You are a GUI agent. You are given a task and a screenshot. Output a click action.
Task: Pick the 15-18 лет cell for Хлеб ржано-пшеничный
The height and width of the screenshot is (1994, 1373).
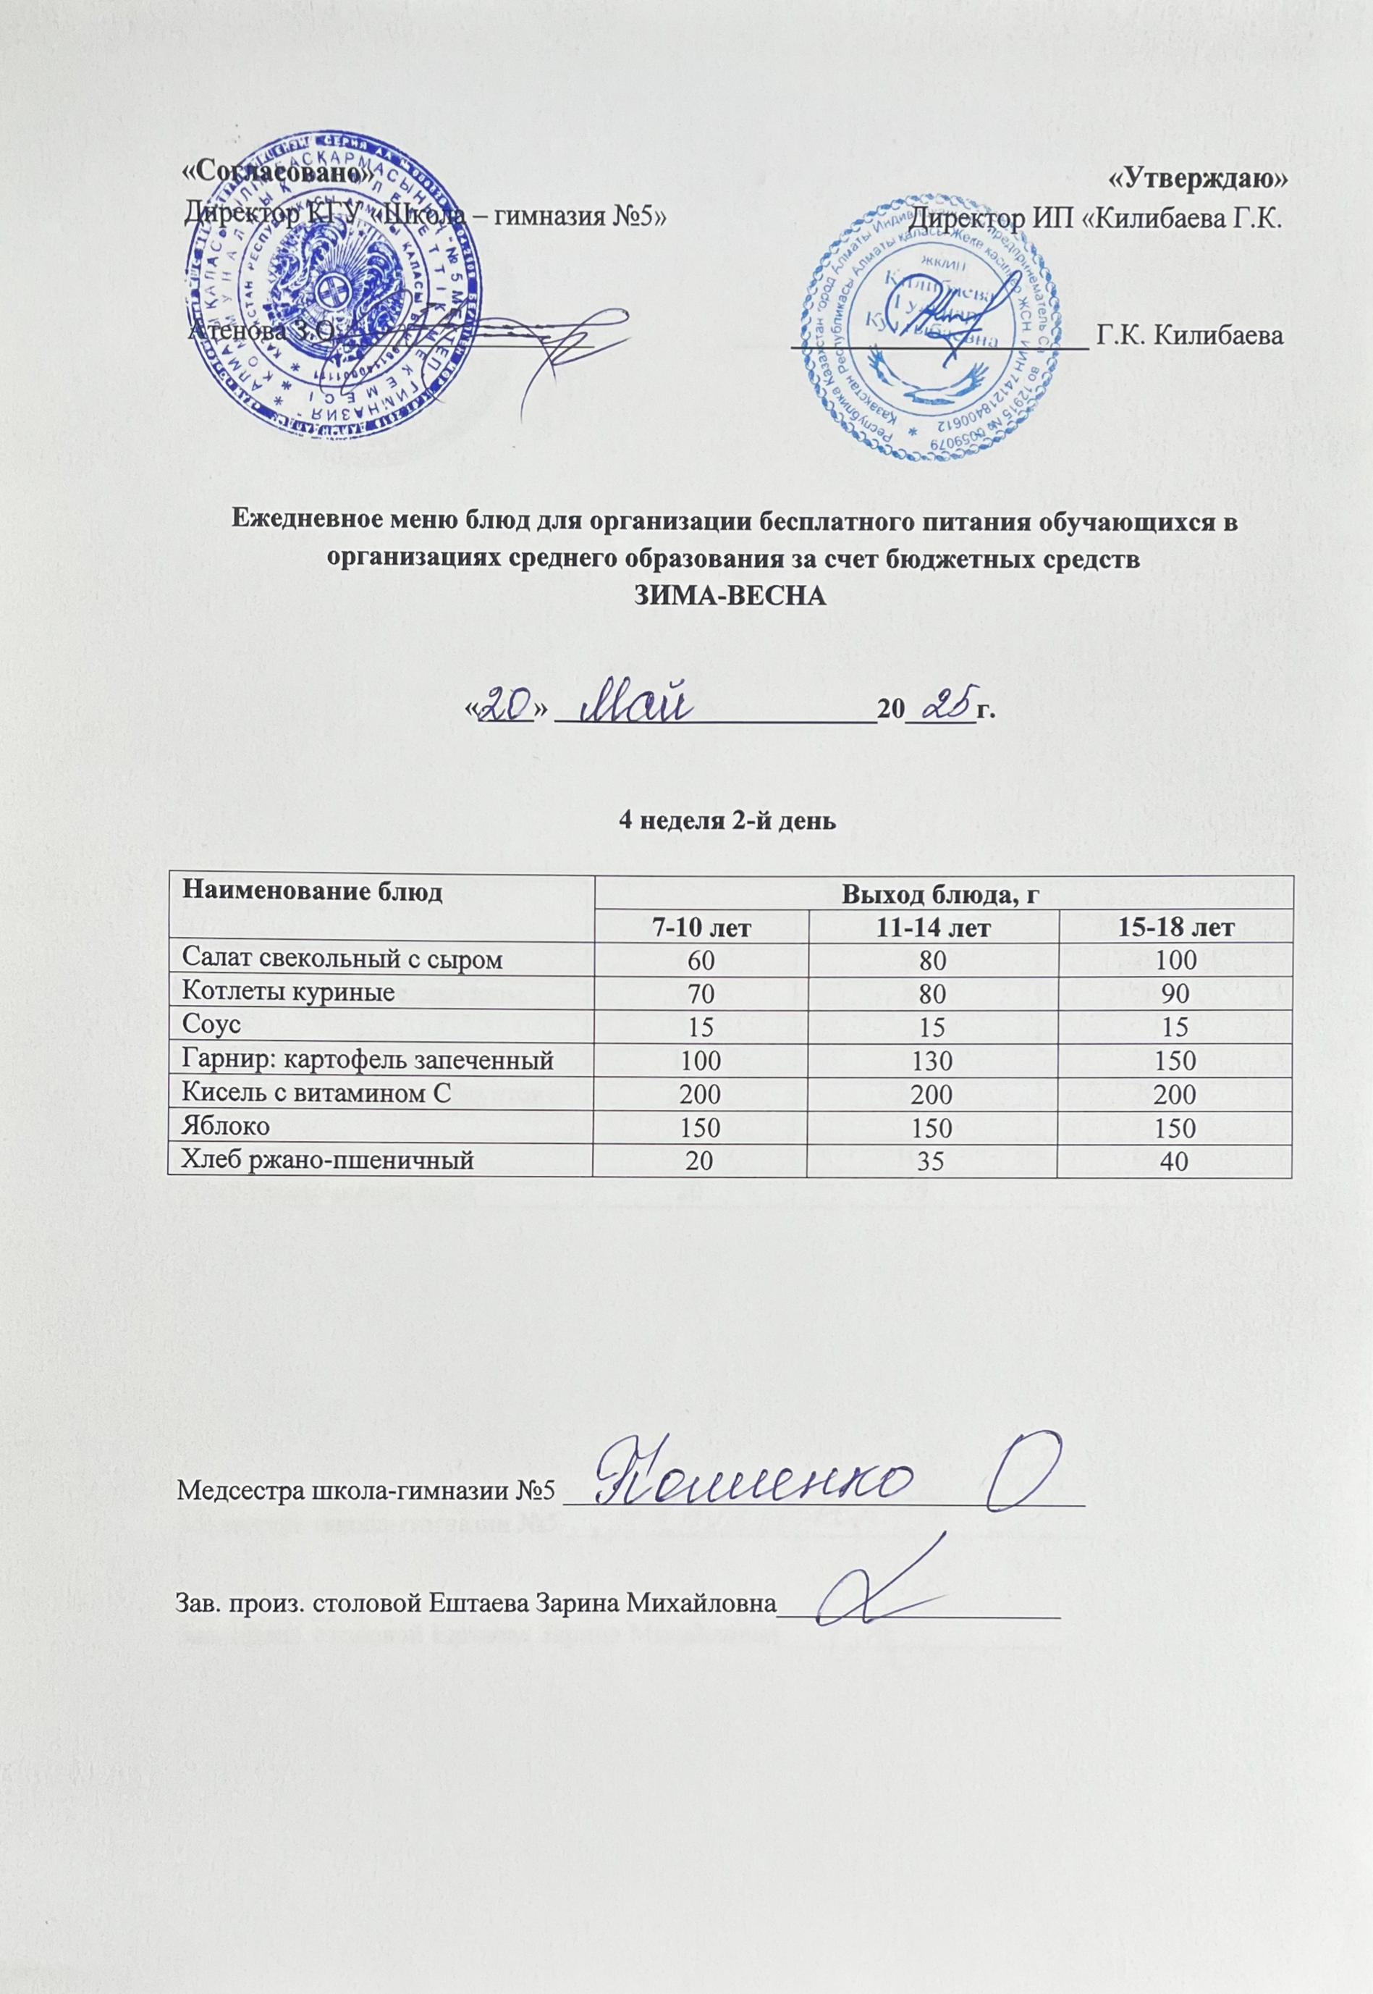pyautogui.click(x=1173, y=1161)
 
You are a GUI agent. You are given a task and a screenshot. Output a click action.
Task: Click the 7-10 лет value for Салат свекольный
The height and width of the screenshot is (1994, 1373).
pyautogui.click(x=701, y=959)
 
